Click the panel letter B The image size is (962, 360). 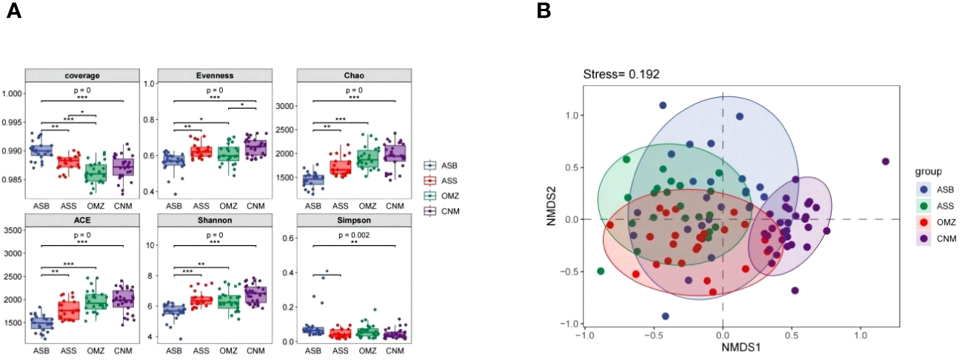[544, 10]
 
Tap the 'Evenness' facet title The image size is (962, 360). [215, 75]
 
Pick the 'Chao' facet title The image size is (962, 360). [354, 75]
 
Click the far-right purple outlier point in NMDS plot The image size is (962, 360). [885, 161]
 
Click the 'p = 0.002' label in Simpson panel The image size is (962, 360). [354, 235]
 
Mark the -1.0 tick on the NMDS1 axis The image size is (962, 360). [585, 336]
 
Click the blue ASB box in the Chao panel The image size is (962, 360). [313, 179]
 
